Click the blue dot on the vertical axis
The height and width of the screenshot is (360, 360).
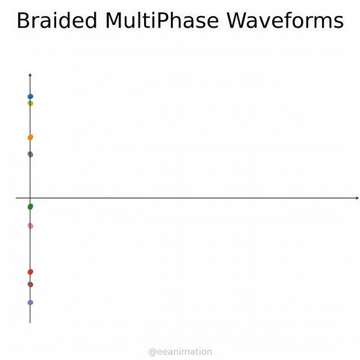point(30,96)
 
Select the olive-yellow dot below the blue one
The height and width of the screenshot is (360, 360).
point(30,103)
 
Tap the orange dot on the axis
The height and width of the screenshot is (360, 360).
point(30,137)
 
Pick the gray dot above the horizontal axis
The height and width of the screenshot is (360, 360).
point(30,154)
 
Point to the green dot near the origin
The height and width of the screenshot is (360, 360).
point(30,206)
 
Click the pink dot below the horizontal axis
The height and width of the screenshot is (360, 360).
point(30,226)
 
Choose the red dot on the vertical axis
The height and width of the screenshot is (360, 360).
point(30,271)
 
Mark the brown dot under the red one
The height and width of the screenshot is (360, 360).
point(30,284)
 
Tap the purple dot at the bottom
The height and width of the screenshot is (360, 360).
point(30,303)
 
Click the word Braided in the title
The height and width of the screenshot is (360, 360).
point(57,21)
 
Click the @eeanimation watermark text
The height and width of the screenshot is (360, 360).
point(180,352)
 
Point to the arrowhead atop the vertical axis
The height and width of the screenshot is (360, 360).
point(30,73)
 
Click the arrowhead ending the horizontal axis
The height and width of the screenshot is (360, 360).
point(357,199)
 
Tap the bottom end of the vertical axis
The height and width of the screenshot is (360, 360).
point(30,323)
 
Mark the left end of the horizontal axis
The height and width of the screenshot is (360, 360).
point(17,199)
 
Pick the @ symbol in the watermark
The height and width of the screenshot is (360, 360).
point(152,352)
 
